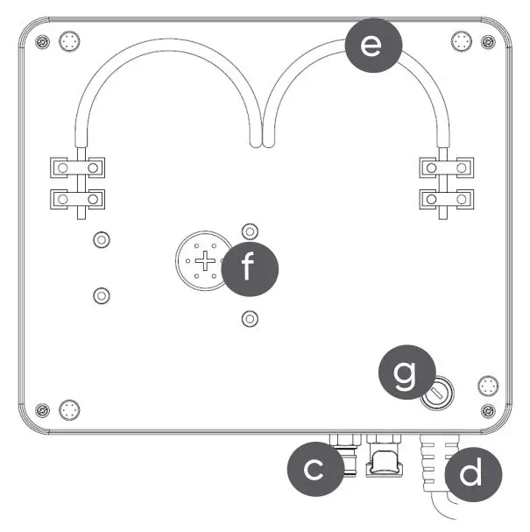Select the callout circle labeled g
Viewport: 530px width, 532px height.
click(x=403, y=375)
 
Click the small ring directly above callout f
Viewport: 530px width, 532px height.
click(x=250, y=231)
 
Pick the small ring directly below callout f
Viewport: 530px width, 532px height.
click(x=250, y=316)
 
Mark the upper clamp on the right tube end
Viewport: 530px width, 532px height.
click(x=446, y=166)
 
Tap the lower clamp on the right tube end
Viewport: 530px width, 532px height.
click(x=446, y=199)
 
